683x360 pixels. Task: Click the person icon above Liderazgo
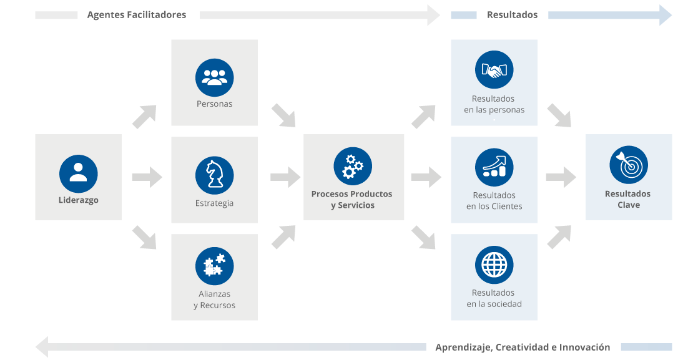click(78, 173)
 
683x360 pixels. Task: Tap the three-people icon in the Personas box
click(214, 78)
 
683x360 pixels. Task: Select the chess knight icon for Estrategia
click(214, 175)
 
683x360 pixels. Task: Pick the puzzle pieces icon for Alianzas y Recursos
click(214, 266)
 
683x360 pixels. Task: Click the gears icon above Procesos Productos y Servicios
click(353, 166)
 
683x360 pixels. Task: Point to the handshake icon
click(494, 70)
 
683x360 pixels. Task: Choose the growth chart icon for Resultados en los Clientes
click(494, 168)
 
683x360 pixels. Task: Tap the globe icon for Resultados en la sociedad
click(494, 265)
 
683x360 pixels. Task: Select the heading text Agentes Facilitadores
click(136, 15)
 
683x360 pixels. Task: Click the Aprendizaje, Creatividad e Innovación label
click(523, 348)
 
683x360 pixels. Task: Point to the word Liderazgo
click(78, 201)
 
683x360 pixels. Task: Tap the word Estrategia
click(214, 203)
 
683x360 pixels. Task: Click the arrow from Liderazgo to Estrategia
click(147, 177)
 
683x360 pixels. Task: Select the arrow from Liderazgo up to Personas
click(145, 117)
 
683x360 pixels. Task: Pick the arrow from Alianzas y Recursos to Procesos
click(283, 237)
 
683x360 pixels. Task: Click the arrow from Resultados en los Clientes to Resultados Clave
click(561, 177)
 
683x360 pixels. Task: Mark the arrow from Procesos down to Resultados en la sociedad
click(423, 238)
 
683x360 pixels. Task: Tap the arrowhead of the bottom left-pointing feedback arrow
click(42, 346)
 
